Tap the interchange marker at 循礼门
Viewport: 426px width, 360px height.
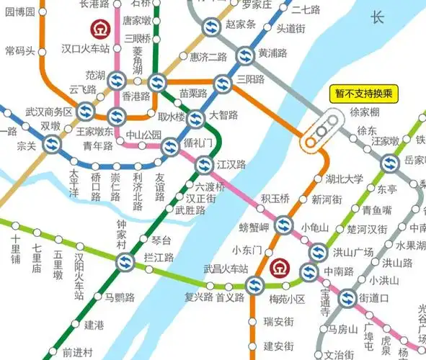tap(170, 147)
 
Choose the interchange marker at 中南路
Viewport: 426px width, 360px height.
tap(309, 272)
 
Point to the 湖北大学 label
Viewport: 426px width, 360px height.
tap(343, 179)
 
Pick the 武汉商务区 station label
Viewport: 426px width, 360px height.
tap(49, 112)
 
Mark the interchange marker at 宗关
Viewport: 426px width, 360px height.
tap(52, 145)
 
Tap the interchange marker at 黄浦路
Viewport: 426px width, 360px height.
tap(246, 54)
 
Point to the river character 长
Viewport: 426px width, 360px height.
tap(378, 19)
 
